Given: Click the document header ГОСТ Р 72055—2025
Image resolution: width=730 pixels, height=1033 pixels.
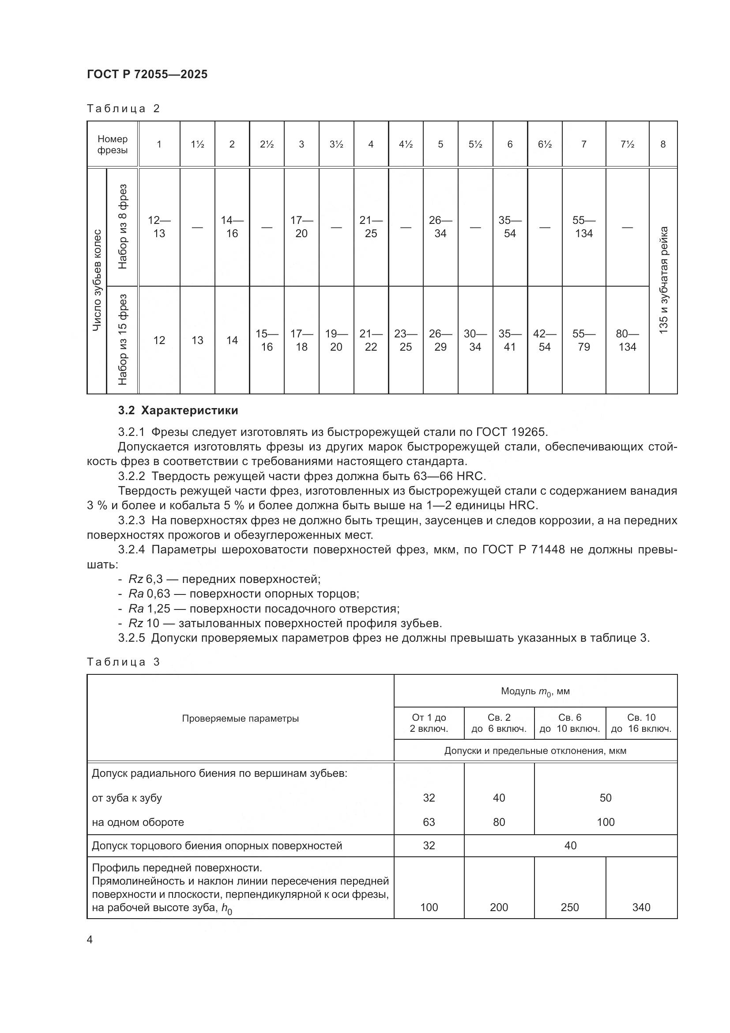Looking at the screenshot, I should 147,75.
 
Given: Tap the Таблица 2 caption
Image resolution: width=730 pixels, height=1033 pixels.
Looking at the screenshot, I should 123,109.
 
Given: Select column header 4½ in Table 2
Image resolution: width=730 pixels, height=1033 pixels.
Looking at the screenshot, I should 406,144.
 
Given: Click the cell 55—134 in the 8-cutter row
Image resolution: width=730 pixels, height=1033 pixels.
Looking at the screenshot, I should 583,227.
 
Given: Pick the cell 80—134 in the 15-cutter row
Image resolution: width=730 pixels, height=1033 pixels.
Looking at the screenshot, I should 627,340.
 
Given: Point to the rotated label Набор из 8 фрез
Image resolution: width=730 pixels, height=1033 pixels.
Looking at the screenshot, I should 122,227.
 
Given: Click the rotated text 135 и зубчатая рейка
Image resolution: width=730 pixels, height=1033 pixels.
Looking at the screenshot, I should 663,280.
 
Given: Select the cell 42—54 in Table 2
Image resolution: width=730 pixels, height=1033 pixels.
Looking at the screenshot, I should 544,340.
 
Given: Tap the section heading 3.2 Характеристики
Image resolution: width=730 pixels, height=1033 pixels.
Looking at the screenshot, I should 178,410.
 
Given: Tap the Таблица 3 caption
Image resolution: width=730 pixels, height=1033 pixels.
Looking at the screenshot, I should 123,662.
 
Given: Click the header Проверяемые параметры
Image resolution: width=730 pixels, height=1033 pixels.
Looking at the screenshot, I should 240,719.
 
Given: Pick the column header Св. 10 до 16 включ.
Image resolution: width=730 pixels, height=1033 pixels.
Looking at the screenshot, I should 641,723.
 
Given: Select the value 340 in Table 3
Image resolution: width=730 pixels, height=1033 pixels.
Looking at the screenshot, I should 641,907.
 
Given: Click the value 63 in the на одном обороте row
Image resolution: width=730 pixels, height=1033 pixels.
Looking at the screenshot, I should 429,822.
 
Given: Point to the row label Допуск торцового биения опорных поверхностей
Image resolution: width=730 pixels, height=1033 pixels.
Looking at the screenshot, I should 217,845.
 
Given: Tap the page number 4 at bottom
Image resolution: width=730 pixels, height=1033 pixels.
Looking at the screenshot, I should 90,940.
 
